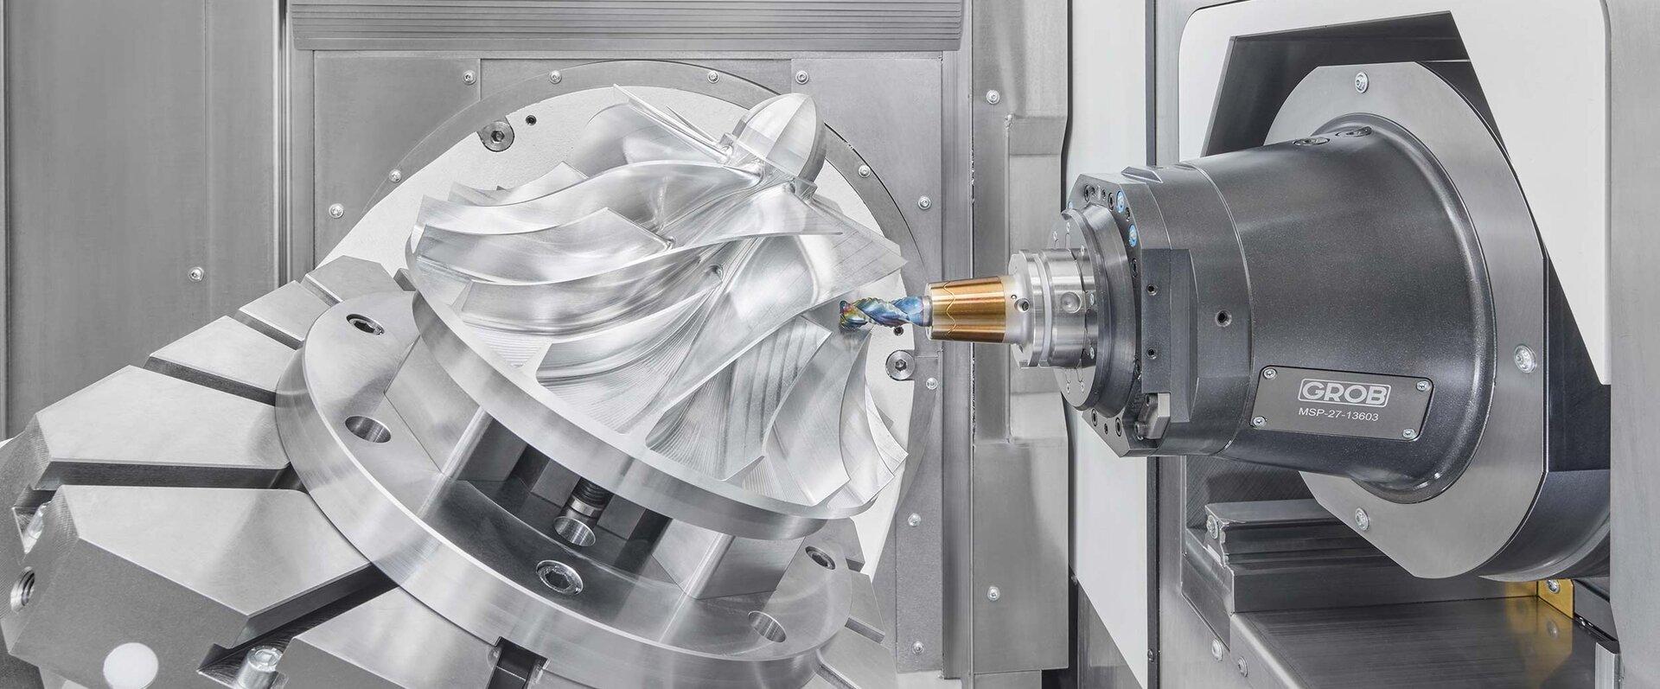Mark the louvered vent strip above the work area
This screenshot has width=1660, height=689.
[x=628, y=24]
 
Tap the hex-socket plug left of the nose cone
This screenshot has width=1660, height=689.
[x=497, y=135]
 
